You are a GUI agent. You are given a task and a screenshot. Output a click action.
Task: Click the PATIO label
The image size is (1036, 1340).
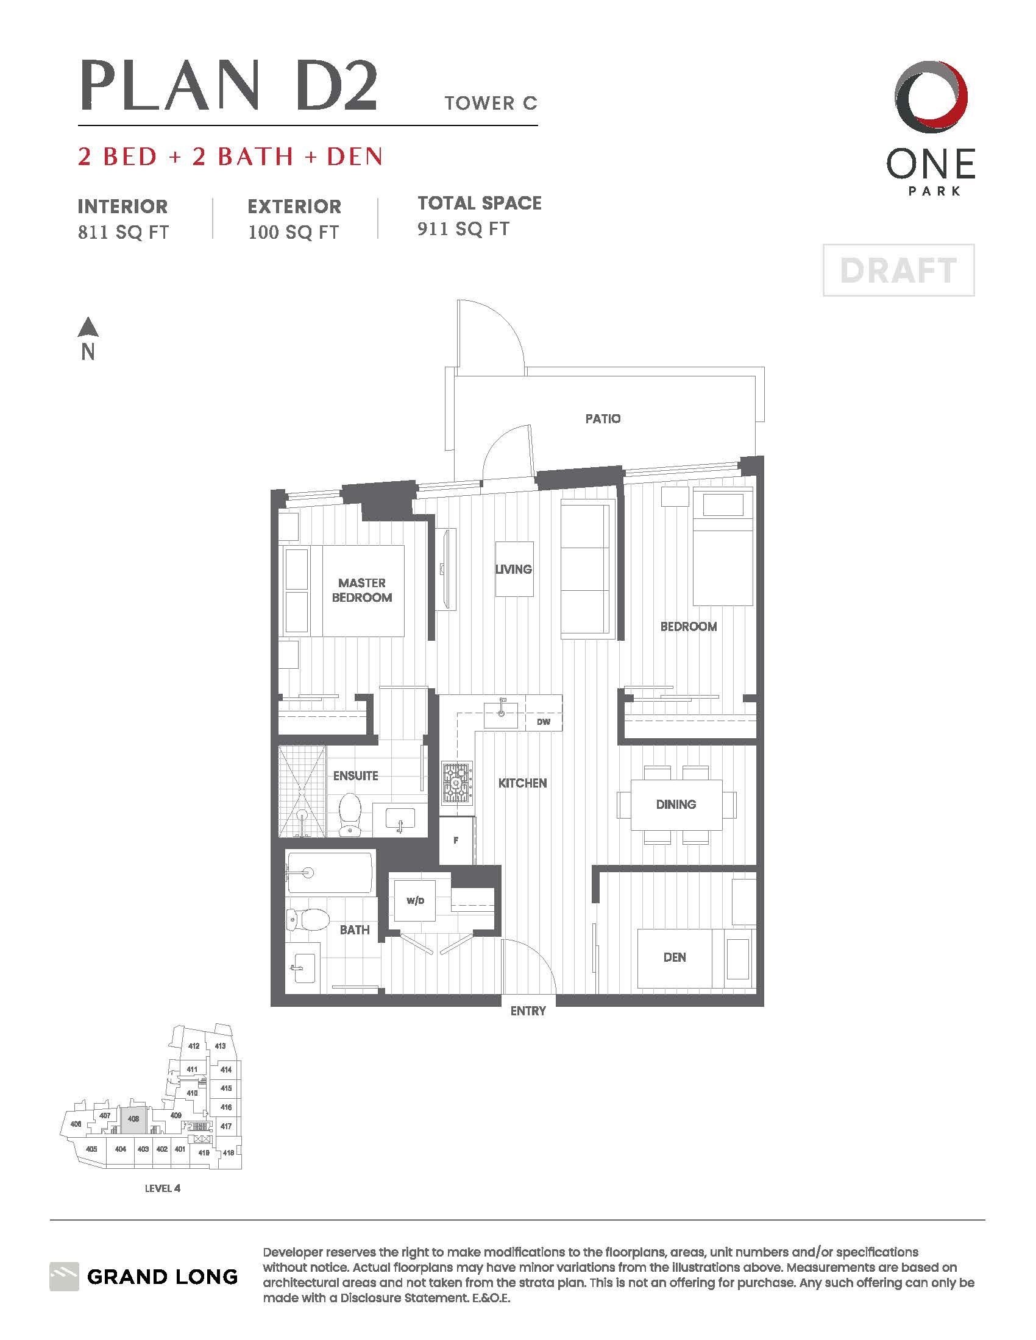pyautogui.click(x=603, y=418)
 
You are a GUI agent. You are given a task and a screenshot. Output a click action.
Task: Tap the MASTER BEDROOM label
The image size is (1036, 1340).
pyautogui.click(x=361, y=590)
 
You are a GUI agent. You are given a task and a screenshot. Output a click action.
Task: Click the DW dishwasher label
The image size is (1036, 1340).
pyautogui.click(x=543, y=722)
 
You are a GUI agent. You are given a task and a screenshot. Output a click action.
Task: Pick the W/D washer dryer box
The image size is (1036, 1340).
pyautogui.click(x=415, y=901)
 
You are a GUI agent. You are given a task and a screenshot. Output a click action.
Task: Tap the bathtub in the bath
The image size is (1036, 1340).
pyautogui.click(x=330, y=872)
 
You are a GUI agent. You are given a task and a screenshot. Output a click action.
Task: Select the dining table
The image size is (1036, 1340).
pyautogui.click(x=676, y=804)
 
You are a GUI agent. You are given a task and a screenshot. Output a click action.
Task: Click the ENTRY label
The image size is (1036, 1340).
pyautogui.click(x=528, y=1010)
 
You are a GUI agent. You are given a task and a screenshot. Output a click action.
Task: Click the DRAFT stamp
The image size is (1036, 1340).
pyautogui.click(x=898, y=270)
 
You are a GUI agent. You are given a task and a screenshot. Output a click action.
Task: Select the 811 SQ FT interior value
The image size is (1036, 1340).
pyautogui.click(x=122, y=233)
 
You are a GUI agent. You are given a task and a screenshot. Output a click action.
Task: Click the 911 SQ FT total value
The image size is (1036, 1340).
pyautogui.click(x=463, y=230)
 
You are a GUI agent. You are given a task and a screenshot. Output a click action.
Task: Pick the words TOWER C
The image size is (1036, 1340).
pyautogui.click(x=491, y=103)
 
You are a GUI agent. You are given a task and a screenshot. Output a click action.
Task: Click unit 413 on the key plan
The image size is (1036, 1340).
pyautogui.click(x=220, y=1046)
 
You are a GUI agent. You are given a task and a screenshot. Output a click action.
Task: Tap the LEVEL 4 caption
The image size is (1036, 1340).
pyautogui.click(x=162, y=1188)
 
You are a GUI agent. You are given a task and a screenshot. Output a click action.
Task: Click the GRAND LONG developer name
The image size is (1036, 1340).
pyautogui.click(x=162, y=1277)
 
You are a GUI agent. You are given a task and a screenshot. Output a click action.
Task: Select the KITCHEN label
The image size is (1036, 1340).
pyautogui.click(x=522, y=783)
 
